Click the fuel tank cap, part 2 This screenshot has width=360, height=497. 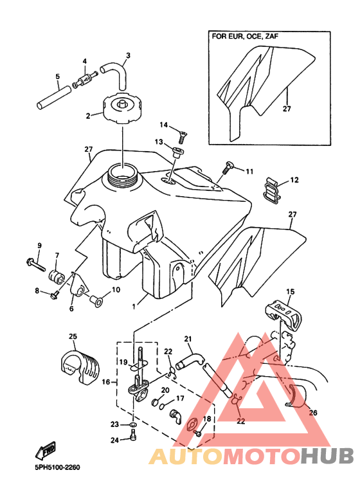coord(122,108)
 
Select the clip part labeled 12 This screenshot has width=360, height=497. coord(272,190)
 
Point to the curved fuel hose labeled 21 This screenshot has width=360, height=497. coord(190,361)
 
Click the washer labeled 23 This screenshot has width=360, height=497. coord(133,424)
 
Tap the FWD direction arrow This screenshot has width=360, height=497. coord(45,451)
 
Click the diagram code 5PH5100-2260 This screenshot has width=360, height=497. coord(57,468)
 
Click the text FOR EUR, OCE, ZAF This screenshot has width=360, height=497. coord(245,36)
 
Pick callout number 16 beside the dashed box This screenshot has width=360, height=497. coord(106,382)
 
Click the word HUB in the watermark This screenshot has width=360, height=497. coord(327,456)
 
